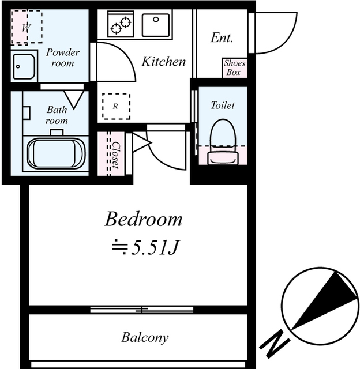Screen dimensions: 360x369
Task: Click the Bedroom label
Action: (144, 219)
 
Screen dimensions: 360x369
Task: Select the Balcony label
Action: (145, 337)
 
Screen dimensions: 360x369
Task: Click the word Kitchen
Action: (164, 62)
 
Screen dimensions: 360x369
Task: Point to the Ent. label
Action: (222, 37)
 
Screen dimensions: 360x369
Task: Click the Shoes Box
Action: (234, 68)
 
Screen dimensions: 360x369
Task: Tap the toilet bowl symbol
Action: (223, 141)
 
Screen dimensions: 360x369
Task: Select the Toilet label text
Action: (223, 105)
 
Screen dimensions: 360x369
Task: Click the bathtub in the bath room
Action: (56, 153)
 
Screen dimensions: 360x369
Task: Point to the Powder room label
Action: (63, 58)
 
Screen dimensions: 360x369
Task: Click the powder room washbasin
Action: (24, 66)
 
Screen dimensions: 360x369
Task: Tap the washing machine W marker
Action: (27, 28)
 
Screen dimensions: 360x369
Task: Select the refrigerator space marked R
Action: (116, 106)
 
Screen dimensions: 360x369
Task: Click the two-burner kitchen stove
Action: (121, 24)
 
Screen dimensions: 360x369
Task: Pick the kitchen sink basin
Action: (156, 25)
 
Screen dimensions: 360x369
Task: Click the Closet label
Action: (116, 155)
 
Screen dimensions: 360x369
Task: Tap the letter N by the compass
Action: (275, 344)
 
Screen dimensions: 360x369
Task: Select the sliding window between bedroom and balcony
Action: (142, 310)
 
